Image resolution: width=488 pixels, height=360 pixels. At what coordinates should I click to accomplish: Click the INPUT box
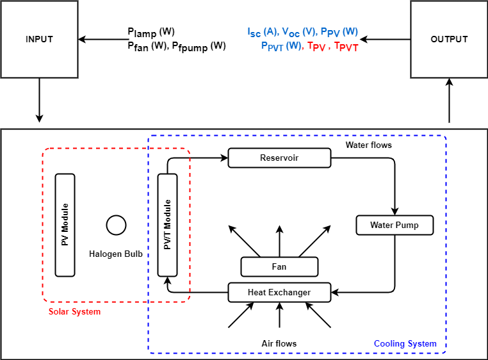pos(40,39)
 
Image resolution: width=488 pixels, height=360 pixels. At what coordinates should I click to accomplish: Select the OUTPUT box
pos(449,39)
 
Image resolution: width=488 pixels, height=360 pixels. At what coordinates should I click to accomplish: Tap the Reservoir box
pos(279,158)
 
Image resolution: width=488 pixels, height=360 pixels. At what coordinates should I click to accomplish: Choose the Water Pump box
pos(394,225)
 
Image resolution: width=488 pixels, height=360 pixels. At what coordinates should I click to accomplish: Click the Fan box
pos(279,266)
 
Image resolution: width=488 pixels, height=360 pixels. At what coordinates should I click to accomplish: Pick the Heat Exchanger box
pos(279,292)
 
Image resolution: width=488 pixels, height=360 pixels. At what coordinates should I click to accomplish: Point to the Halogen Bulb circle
pos(116,225)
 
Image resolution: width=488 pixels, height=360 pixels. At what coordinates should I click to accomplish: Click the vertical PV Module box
pos(65,225)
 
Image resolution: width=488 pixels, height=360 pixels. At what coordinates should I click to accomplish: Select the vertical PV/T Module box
pos(167,225)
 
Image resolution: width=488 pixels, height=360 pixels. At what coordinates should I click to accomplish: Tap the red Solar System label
pos(75,312)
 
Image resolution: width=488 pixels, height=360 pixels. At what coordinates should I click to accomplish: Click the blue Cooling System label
pos(405,344)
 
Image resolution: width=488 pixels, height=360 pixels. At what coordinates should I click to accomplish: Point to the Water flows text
pos(369,145)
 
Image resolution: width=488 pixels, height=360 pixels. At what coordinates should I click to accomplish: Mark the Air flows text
pos(279,344)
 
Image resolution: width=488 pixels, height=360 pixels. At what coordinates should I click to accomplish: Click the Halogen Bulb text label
pos(116,254)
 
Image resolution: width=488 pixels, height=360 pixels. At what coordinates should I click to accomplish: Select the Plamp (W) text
pos(151,32)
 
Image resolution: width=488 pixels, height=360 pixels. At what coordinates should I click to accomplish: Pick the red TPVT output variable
pos(346,47)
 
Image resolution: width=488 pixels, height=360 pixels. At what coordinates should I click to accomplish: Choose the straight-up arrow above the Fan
pos(279,240)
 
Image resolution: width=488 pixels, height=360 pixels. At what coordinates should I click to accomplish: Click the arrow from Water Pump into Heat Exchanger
pos(365,292)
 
